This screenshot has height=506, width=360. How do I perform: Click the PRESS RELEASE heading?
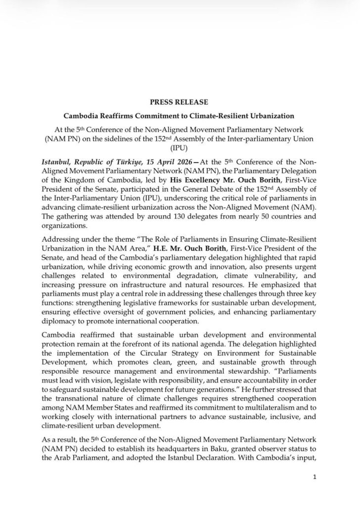(x=180, y=103)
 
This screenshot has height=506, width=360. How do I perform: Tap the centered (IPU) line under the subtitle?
(x=180, y=147)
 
